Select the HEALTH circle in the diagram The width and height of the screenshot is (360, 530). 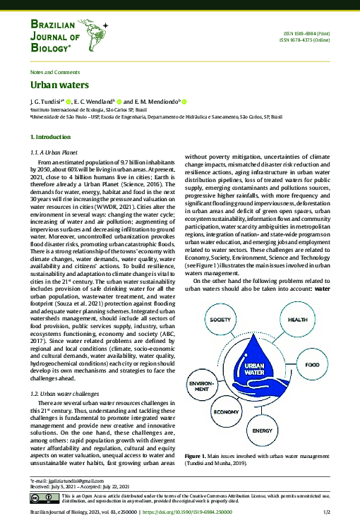(x=297, y=319)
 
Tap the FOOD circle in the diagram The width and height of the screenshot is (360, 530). (x=312, y=366)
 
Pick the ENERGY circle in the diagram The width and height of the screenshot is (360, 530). (x=262, y=429)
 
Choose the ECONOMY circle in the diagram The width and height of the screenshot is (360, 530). (x=225, y=411)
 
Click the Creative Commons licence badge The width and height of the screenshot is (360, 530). (x=42, y=498)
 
